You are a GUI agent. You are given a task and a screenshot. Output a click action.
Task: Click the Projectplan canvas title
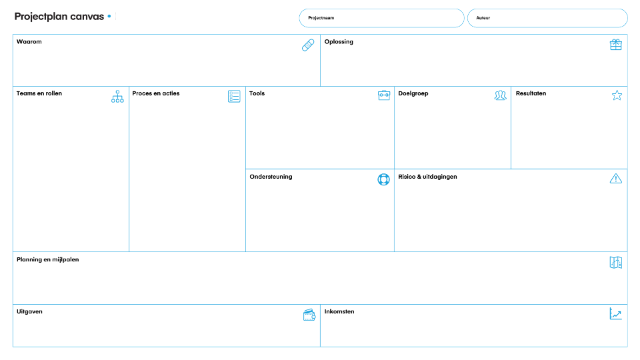pyautogui.click(x=59, y=17)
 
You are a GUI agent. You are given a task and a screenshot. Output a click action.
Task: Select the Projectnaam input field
pyautogui.click(x=381, y=18)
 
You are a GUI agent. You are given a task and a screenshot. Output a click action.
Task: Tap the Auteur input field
pyautogui.click(x=547, y=18)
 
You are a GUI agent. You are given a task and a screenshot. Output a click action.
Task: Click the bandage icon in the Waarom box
pyautogui.click(x=308, y=45)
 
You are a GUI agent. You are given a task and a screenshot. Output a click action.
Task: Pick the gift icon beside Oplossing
pyautogui.click(x=616, y=45)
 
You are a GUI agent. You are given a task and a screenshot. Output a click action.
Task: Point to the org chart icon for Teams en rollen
pyautogui.click(x=117, y=96)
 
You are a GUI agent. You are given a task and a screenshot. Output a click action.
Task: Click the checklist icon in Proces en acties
pyautogui.click(x=234, y=96)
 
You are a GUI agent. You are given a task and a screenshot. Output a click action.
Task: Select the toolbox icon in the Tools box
pyautogui.click(x=384, y=95)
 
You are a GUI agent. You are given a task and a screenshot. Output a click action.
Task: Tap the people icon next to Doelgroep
pyautogui.click(x=501, y=95)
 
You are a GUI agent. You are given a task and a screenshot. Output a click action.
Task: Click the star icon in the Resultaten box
pyautogui.click(x=617, y=95)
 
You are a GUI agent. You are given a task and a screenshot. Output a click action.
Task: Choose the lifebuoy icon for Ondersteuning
pyautogui.click(x=384, y=179)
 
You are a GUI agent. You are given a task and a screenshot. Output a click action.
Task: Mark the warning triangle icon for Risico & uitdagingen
pyautogui.click(x=616, y=179)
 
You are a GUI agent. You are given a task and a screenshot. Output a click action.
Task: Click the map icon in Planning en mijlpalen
pyautogui.click(x=616, y=263)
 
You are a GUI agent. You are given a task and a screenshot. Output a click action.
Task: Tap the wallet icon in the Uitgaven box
pyautogui.click(x=309, y=315)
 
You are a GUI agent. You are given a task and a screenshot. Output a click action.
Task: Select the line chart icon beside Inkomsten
pyautogui.click(x=615, y=313)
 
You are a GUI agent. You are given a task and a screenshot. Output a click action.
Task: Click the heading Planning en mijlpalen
pyautogui.click(x=48, y=259)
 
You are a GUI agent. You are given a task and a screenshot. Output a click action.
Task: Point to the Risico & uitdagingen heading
pyautogui.click(x=428, y=177)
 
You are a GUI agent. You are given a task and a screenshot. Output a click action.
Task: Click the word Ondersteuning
pyautogui.click(x=271, y=177)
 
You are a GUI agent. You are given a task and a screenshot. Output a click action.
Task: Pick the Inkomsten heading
pyautogui.click(x=339, y=311)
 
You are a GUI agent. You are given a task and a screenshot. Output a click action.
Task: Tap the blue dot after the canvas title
pyautogui.click(x=109, y=16)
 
